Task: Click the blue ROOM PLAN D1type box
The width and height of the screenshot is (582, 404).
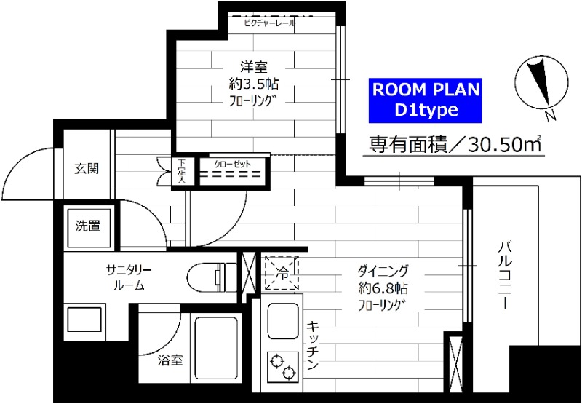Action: pyautogui.click(x=425, y=100)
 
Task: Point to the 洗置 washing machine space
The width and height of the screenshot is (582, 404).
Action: pyautogui.click(x=88, y=226)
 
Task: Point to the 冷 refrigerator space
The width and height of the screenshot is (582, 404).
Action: pyautogui.click(x=282, y=272)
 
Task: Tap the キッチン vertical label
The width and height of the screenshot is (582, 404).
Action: pyautogui.click(x=313, y=346)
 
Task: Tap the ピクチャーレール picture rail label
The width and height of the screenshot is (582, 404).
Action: pyautogui.click(x=270, y=23)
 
